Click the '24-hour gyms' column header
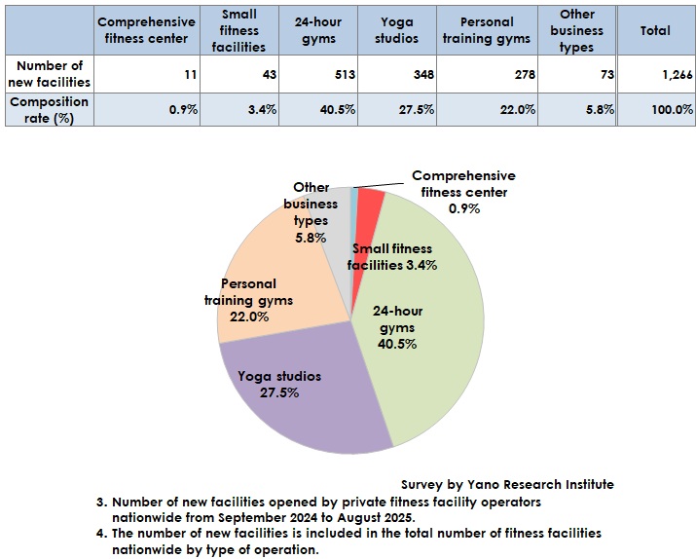(319, 30)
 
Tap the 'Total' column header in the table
(654, 30)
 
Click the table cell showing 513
(319, 73)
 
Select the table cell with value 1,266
(654, 73)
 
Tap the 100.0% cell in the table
(654, 110)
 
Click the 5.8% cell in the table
(577, 110)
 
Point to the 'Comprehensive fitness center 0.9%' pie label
(463, 192)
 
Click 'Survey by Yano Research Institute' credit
(507, 484)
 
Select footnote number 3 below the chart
(101, 502)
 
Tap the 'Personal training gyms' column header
(486, 30)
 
